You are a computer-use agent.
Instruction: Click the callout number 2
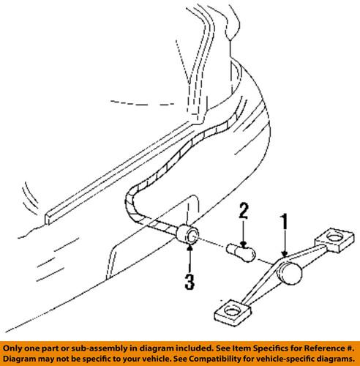coord(244,211)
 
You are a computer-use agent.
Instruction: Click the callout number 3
coord(190,282)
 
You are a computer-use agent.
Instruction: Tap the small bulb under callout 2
coord(241,253)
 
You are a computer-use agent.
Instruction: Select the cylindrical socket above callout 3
coord(187,234)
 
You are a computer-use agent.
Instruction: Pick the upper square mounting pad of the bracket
coord(334,240)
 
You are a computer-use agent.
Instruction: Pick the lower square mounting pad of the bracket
coord(233,313)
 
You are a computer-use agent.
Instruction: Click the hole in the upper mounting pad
coord(334,236)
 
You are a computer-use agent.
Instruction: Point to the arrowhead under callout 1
coord(284,254)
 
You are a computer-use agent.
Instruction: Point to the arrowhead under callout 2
coord(244,244)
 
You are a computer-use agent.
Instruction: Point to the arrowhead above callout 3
coord(190,247)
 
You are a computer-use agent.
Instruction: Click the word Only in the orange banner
coord(12,348)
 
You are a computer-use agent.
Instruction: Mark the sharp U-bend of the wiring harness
coord(130,200)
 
